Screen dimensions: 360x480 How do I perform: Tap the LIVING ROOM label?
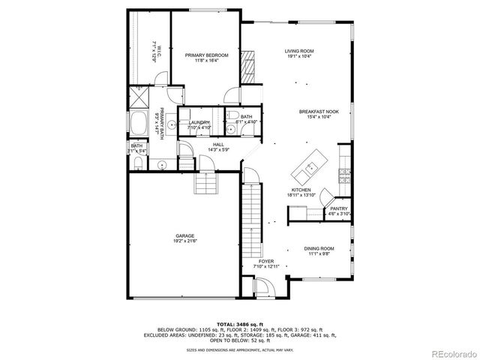[x=298, y=51]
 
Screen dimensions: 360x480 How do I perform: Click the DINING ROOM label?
[x=319, y=248]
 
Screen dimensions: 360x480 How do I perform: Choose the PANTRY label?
[x=339, y=208]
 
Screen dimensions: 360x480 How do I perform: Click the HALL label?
[x=218, y=144]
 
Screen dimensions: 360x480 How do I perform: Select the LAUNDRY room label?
[x=199, y=122]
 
